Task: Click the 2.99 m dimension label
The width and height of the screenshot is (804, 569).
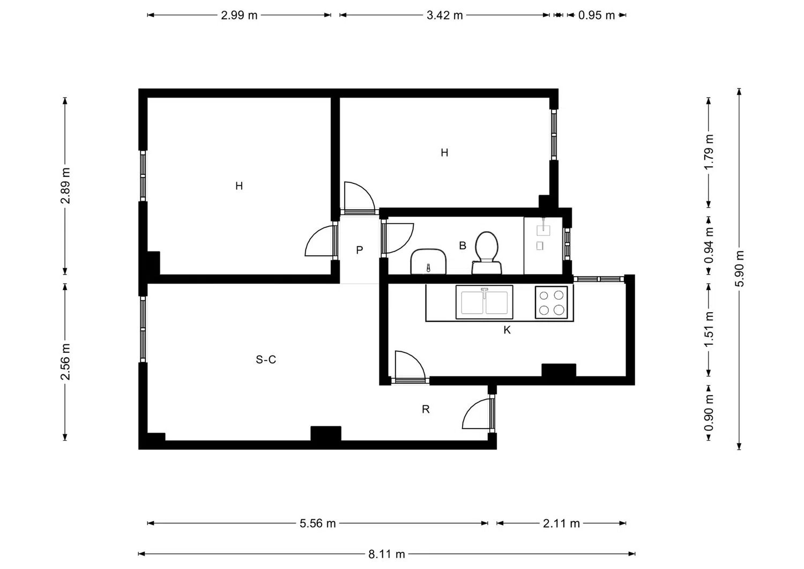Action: (x=239, y=16)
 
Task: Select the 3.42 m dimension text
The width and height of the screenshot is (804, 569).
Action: (x=444, y=16)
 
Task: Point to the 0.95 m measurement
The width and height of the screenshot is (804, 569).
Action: (x=597, y=16)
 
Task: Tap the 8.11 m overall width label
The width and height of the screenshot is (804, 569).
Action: (x=386, y=555)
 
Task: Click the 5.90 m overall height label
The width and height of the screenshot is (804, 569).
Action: (x=739, y=268)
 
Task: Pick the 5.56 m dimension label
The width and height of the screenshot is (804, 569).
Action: (x=318, y=523)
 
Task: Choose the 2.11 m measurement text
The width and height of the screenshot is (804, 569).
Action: (x=561, y=523)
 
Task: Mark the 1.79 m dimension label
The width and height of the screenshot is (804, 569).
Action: (x=709, y=152)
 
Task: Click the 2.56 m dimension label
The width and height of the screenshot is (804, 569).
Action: (x=65, y=362)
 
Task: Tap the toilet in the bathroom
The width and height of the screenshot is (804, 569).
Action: (x=487, y=253)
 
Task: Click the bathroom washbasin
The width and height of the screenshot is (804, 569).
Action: (x=428, y=262)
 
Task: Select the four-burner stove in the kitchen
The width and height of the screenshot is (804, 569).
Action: (x=552, y=302)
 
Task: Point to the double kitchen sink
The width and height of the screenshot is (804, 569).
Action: (x=484, y=302)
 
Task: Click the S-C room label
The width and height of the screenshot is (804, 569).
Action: (x=266, y=359)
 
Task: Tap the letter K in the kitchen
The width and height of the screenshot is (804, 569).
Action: (x=507, y=330)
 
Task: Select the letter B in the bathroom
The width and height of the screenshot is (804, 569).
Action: (x=463, y=246)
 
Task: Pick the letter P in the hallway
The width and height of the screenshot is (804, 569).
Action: (x=359, y=250)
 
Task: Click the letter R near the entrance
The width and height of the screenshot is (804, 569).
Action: (x=426, y=409)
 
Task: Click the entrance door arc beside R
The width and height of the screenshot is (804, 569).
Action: (x=469, y=409)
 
